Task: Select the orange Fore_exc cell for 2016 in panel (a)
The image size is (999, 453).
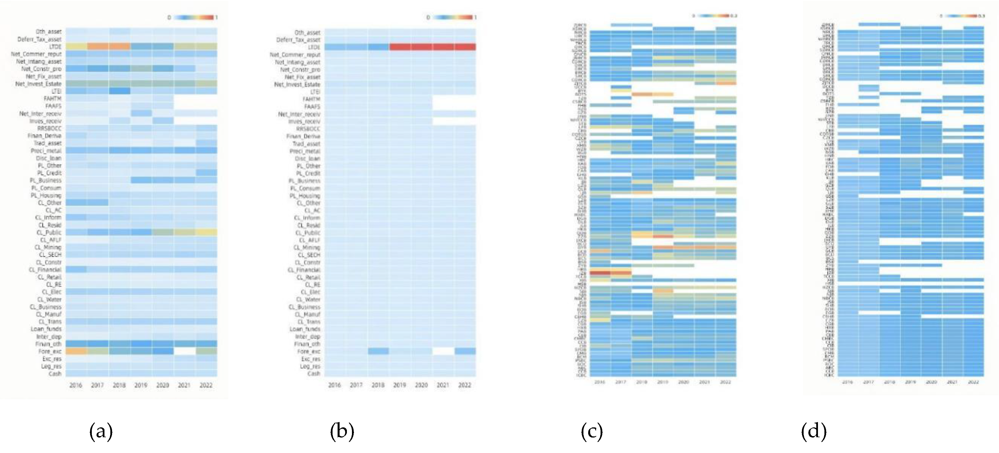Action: pyautogui.click(x=76, y=351)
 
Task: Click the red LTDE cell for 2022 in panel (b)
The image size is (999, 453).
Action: pyautogui.click(x=465, y=47)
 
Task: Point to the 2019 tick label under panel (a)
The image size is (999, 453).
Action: pyautogui.click(x=141, y=385)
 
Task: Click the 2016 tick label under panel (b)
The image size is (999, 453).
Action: pyautogui.click(x=334, y=385)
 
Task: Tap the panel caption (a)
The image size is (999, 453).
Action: pyautogui.click(x=101, y=431)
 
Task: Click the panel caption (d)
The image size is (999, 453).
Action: pyautogui.click(x=814, y=431)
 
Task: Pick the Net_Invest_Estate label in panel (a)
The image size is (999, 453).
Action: pyautogui.click(x=38, y=84)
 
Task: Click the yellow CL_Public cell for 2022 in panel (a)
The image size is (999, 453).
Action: pyautogui.click(x=206, y=232)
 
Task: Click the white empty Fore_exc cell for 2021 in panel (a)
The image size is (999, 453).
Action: pyautogui.click(x=184, y=351)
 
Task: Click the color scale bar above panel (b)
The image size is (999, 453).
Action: pyautogui.click(x=452, y=17)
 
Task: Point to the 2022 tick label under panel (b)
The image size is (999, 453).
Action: pyautogui.click(x=465, y=385)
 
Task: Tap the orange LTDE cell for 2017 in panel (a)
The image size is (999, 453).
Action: pyautogui.click(x=98, y=46)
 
